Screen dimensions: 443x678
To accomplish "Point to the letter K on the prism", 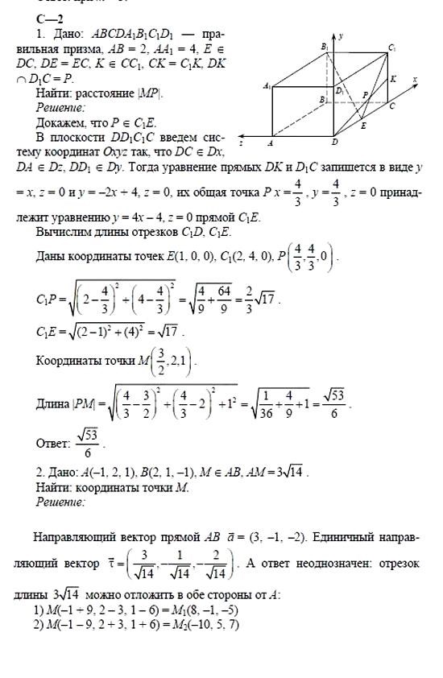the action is pyautogui.click(x=393, y=79).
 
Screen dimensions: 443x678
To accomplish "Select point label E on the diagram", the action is pyautogui.click(x=363, y=126).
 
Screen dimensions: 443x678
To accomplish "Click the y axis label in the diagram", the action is pyautogui.click(x=342, y=36).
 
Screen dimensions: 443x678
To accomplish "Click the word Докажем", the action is pyautogui.click(x=61, y=123).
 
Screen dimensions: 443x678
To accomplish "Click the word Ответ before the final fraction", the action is pyautogui.click(x=54, y=443).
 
